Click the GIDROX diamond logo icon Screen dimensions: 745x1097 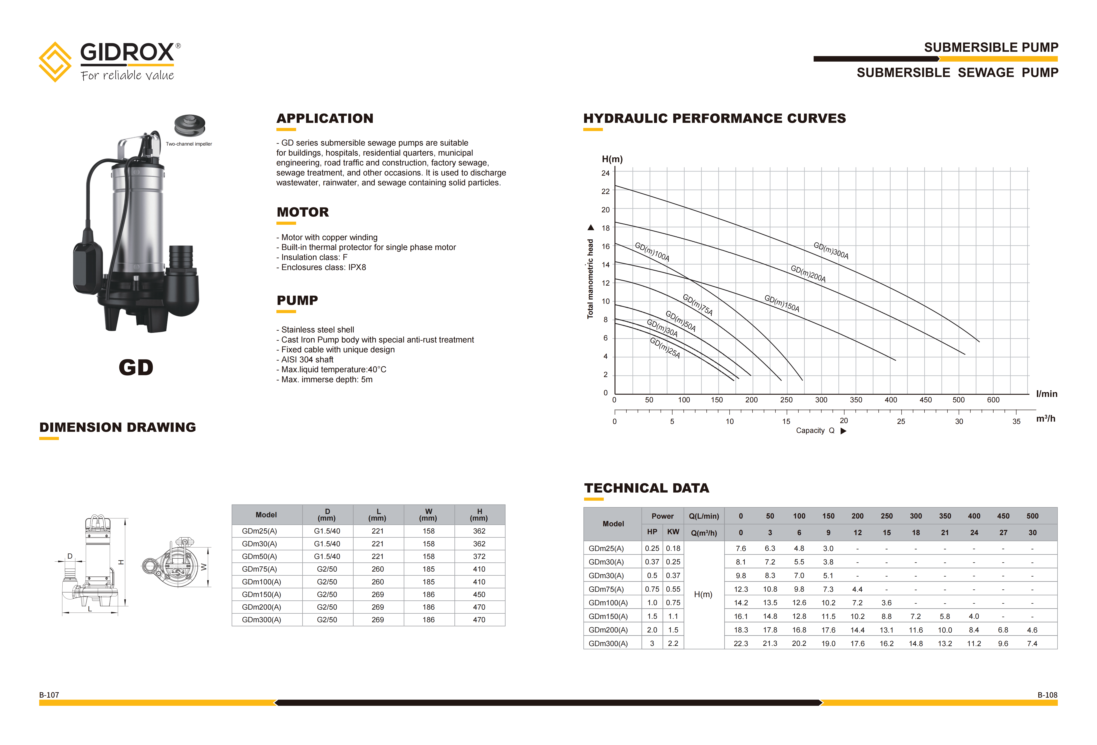click(x=55, y=62)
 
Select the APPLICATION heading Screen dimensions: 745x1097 click(x=325, y=119)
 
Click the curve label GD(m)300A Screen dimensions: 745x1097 click(x=831, y=250)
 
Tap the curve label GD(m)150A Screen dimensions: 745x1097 click(x=782, y=303)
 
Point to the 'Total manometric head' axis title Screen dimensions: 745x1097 click(x=590, y=279)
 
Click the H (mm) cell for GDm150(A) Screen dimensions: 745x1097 click(x=479, y=594)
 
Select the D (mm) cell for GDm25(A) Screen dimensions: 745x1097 click(x=327, y=531)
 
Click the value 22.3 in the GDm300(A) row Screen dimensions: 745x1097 click(x=741, y=644)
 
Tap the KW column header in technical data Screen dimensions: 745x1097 click(x=673, y=532)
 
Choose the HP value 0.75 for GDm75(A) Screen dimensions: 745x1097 click(x=652, y=589)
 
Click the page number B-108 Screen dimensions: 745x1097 click(x=1047, y=695)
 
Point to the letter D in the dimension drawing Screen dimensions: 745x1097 click(x=70, y=556)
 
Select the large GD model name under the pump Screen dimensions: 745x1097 click(x=136, y=368)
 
